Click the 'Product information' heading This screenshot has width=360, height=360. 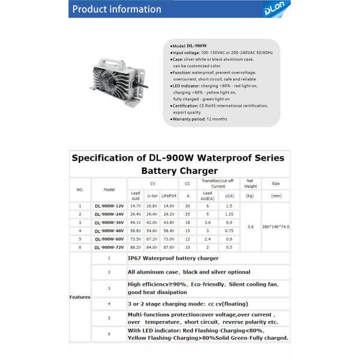(x=116, y=9)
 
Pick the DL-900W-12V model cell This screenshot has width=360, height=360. (x=109, y=206)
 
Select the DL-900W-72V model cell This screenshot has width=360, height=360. (x=109, y=247)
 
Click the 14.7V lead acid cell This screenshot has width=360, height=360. (x=136, y=206)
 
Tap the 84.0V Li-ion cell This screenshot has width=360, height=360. (x=152, y=247)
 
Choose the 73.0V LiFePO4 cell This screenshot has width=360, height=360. (x=169, y=239)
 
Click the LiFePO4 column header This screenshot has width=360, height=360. (x=169, y=195)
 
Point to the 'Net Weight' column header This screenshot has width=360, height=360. (x=250, y=183)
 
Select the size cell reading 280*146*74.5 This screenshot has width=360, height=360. (x=275, y=226)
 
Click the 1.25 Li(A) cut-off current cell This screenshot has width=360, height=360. (x=229, y=214)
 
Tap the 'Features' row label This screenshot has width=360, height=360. (x=80, y=297)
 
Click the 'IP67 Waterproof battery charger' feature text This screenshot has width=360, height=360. (x=173, y=258)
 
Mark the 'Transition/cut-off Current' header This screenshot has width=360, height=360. (x=218, y=183)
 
